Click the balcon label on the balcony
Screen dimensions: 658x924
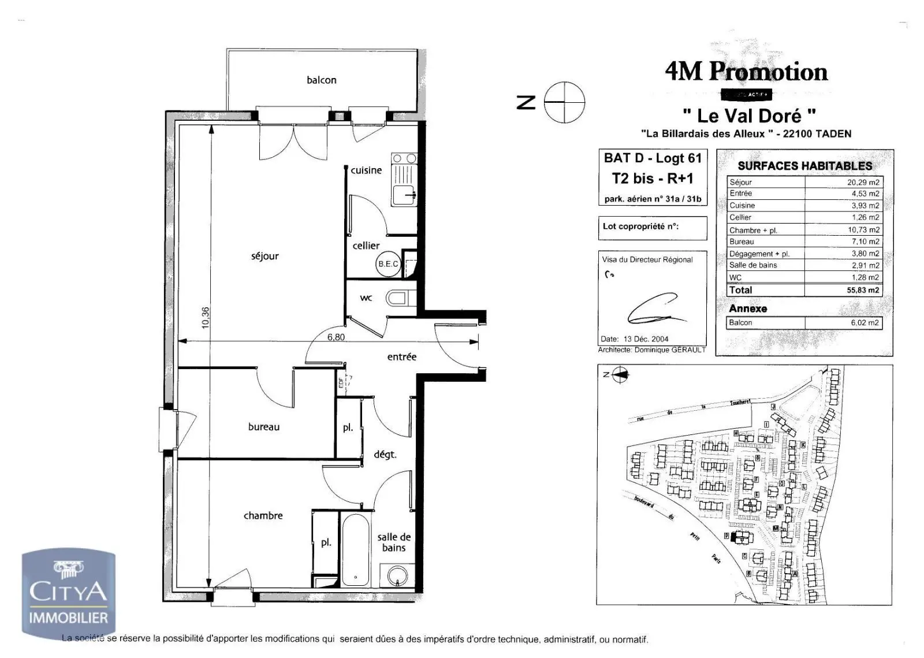[x=321, y=80]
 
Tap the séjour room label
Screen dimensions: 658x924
[x=264, y=256]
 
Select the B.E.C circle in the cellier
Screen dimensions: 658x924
[x=388, y=264]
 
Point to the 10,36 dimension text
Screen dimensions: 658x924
[x=206, y=318]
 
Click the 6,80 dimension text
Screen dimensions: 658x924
[x=336, y=337]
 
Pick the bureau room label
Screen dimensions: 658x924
[x=263, y=427]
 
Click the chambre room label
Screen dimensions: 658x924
[x=263, y=515]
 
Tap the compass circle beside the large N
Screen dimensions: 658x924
[x=564, y=102]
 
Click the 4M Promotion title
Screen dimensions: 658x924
[x=746, y=72]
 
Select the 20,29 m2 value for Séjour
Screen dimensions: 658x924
[x=863, y=182]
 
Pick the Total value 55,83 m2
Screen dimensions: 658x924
[x=863, y=290]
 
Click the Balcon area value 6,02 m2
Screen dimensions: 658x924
[x=864, y=323]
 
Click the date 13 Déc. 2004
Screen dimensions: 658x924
[x=646, y=339]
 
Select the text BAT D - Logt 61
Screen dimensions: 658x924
[x=653, y=158]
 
